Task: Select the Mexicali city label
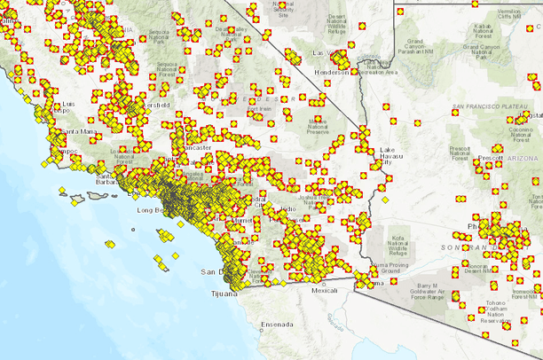[x=325, y=290]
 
